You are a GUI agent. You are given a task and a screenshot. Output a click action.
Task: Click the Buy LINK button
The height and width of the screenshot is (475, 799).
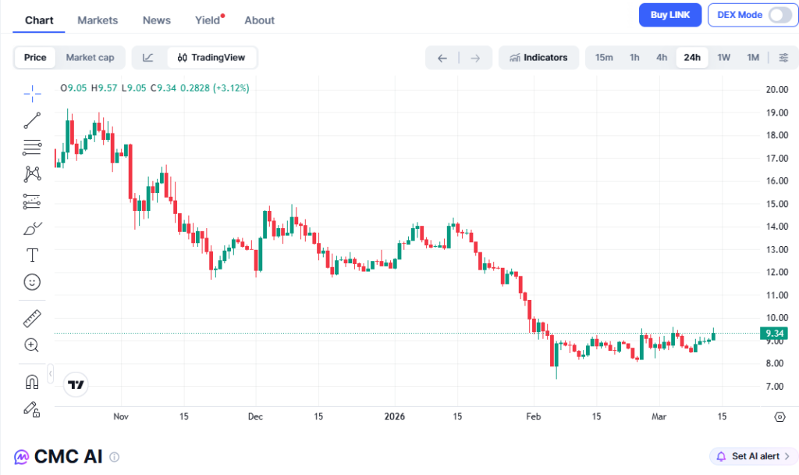click(669, 15)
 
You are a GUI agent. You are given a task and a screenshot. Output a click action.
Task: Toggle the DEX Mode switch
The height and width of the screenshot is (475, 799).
click(779, 15)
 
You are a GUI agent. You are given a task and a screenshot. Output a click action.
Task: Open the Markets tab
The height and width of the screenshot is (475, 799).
click(98, 20)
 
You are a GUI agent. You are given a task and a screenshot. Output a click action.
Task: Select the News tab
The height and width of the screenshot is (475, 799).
click(157, 20)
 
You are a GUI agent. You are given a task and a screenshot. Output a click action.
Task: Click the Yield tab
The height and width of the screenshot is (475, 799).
click(208, 20)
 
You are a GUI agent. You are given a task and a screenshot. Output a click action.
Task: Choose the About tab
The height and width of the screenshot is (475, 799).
click(259, 20)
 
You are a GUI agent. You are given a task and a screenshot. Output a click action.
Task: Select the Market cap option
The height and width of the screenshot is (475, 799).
click(90, 57)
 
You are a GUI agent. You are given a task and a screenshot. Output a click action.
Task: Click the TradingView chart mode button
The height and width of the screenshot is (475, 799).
click(211, 57)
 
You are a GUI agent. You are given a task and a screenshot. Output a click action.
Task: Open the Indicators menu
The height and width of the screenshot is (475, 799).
click(538, 57)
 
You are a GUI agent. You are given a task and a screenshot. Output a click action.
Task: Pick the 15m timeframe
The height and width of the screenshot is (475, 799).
click(604, 57)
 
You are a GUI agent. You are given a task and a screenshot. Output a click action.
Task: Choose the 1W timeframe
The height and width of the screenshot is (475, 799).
click(724, 57)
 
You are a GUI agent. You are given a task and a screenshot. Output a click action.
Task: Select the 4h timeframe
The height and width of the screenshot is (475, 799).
click(662, 57)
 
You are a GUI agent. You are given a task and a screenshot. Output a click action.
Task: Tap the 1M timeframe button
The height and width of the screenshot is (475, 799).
click(753, 57)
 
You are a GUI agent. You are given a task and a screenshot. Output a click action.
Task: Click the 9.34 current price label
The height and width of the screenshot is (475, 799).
click(775, 334)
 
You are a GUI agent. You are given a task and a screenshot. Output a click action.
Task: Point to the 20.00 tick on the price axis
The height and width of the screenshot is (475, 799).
click(775, 89)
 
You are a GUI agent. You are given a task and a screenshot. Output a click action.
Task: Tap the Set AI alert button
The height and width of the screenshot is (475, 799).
click(753, 456)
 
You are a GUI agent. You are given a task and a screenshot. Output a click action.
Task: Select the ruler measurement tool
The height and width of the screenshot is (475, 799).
click(32, 318)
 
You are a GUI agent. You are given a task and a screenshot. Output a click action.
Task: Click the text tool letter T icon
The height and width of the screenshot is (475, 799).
click(32, 255)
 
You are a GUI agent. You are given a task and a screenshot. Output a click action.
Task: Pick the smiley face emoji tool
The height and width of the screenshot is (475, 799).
click(32, 281)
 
